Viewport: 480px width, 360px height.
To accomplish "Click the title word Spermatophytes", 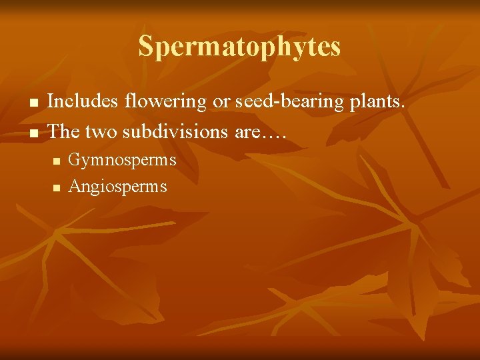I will [239, 47].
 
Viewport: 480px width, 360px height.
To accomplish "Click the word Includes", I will [81, 101].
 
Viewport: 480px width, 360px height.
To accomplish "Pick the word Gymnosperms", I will [122, 160].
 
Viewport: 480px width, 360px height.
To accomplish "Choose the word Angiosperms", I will [117, 187].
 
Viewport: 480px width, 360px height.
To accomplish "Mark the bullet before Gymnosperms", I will [57, 161].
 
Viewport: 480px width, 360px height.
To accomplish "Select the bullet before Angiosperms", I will [57, 188].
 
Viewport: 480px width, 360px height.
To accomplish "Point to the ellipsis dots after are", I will [275, 136].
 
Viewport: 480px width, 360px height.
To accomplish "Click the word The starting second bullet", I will [65, 131].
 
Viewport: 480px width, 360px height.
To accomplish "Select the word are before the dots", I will [247, 132].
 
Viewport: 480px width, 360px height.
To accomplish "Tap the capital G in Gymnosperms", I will [75, 160].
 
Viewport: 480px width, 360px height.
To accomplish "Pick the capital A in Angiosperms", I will [74, 186].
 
